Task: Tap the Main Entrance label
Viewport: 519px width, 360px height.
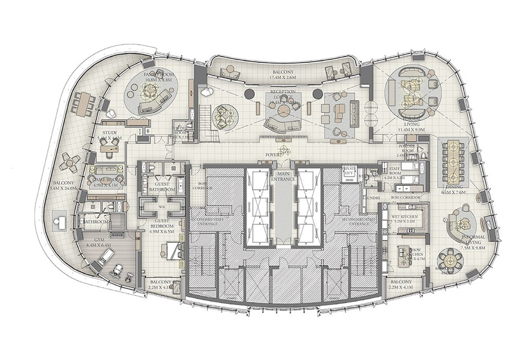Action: [280, 175]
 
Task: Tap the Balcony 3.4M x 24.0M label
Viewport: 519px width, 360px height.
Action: [65, 185]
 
